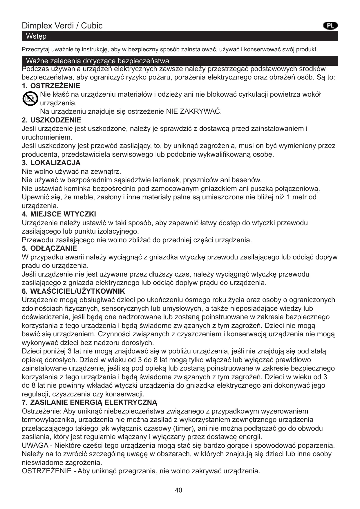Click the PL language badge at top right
(x=330, y=26)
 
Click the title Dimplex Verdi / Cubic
(x=62, y=26)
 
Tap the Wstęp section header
(x=36, y=37)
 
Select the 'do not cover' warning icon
(x=30, y=99)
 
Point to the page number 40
(x=179, y=490)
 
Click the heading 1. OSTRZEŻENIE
(x=51, y=86)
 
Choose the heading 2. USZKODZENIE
(x=52, y=120)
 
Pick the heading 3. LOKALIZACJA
(x=51, y=163)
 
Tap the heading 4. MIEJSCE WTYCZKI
(x=59, y=214)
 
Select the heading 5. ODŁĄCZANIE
(x=50, y=248)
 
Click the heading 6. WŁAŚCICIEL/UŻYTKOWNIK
(x=73, y=291)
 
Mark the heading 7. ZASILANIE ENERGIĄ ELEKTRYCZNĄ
(x=90, y=402)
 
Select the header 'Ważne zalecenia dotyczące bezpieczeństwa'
(x=97, y=61)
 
